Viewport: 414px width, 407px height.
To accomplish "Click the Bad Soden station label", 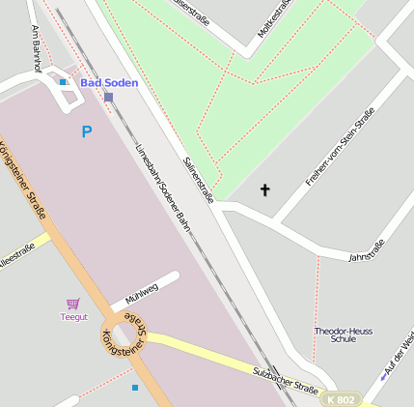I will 109,82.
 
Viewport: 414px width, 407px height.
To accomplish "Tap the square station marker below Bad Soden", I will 109,97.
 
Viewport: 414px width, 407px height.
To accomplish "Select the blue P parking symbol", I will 87,131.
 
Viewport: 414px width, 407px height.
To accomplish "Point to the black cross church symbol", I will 265,189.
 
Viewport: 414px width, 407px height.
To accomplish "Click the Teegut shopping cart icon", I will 73,304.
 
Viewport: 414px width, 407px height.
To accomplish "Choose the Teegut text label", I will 74,316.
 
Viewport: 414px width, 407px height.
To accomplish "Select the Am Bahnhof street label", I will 36,48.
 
